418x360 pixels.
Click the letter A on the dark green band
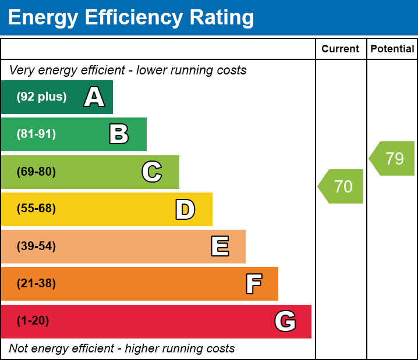[94, 97]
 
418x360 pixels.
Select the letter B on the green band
[119, 134]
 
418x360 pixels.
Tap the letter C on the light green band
[152, 172]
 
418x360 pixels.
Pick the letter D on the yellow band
[185, 209]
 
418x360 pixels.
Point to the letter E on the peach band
[219, 247]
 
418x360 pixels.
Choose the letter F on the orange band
[253, 284]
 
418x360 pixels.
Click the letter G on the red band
[285, 321]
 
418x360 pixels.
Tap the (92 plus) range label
[41, 97]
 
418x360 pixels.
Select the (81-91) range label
[36, 134]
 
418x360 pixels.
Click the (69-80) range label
[36, 172]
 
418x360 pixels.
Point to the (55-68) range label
[36, 209]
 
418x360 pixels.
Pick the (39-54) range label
[36, 246]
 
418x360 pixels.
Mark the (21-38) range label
[36, 284]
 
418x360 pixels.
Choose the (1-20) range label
[33, 321]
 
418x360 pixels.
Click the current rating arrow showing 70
[342, 187]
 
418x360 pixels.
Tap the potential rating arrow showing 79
[394, 158]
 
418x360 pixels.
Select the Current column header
[341, 49]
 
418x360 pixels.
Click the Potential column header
[392, 49]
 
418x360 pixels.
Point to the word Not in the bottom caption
[19, 348]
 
